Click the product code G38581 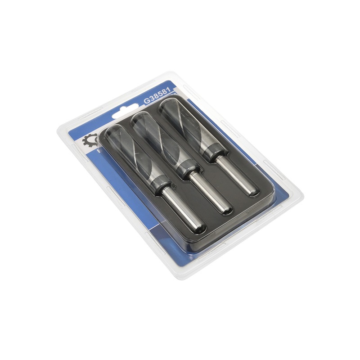(x=157, y=95)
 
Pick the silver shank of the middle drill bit (x=209, y=193)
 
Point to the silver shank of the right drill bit (x=237, y=175)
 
